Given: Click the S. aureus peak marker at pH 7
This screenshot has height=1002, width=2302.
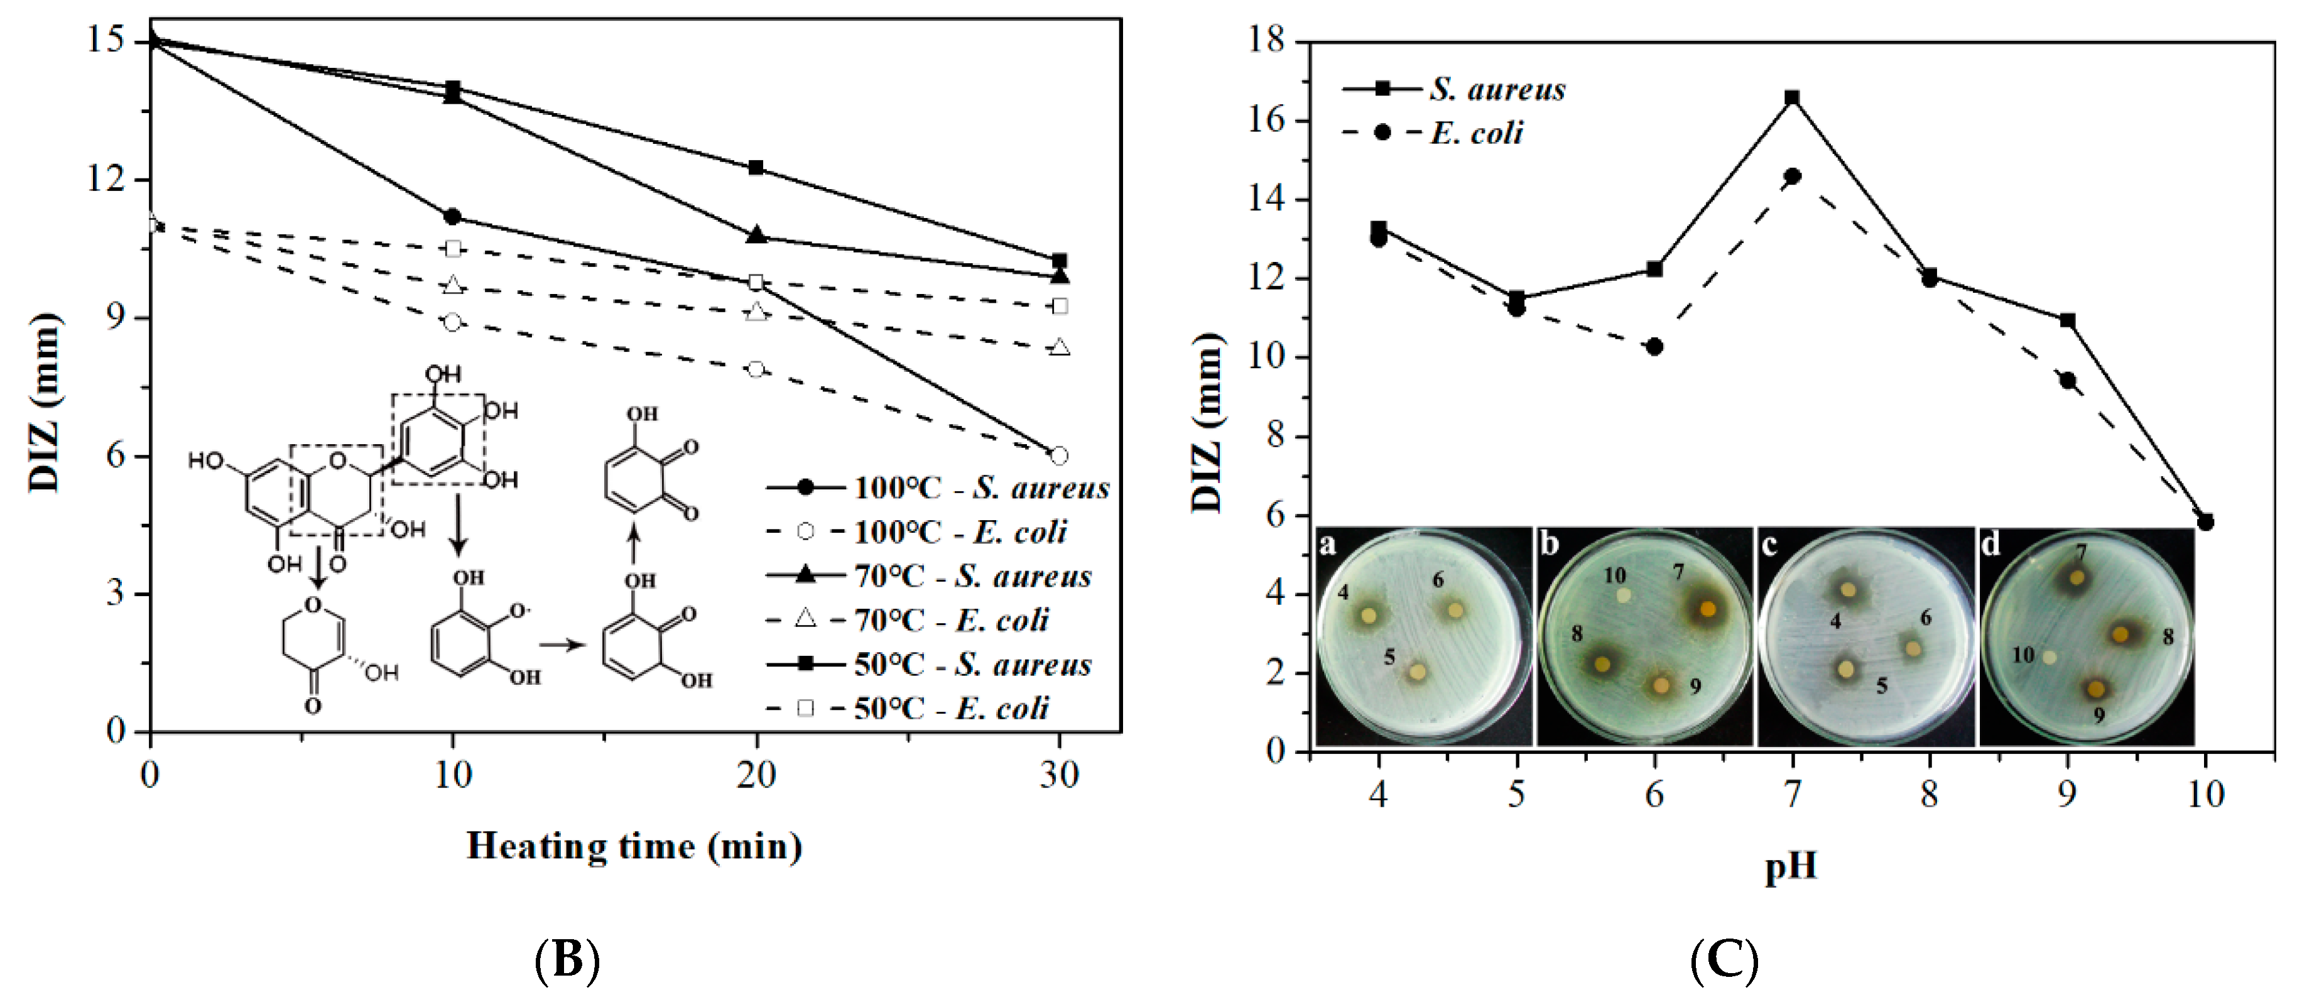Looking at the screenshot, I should (1792, 97).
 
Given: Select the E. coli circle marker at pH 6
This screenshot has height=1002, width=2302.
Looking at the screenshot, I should (1654, 346).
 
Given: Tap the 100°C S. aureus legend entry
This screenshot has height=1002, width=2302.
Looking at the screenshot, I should (937, 488).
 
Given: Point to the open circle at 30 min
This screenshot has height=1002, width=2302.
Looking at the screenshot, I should (1059, 456).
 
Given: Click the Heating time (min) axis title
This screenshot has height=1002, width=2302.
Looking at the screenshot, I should (634, 846).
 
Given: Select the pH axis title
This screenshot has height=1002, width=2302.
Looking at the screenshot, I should (1790, 867).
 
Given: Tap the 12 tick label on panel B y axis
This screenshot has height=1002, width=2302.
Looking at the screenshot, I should (104, 180).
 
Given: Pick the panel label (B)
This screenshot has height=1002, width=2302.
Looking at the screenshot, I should (567, 961).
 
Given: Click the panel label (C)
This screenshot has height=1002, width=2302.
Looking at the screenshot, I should (1724, 961).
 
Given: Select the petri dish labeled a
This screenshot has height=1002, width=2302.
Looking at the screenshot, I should (1423, 636).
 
